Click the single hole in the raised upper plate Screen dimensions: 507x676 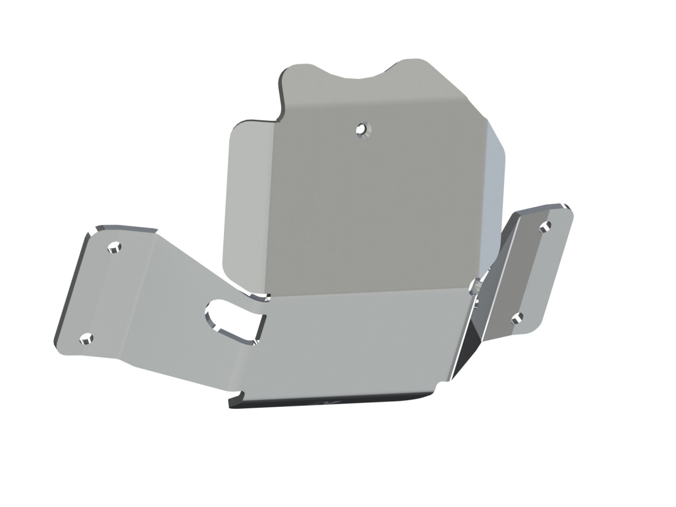click(362, 128)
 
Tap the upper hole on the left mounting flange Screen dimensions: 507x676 click(114, 247)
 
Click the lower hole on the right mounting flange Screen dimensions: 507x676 click(518, 317)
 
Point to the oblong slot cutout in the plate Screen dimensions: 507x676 click(232, 320)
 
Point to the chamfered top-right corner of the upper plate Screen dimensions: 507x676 click(449, 82)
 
